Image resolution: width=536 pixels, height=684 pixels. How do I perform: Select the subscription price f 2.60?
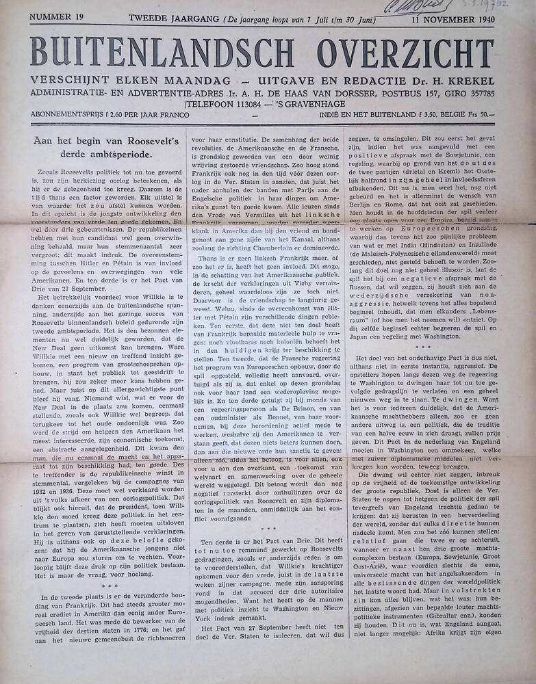tap(116, 116)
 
